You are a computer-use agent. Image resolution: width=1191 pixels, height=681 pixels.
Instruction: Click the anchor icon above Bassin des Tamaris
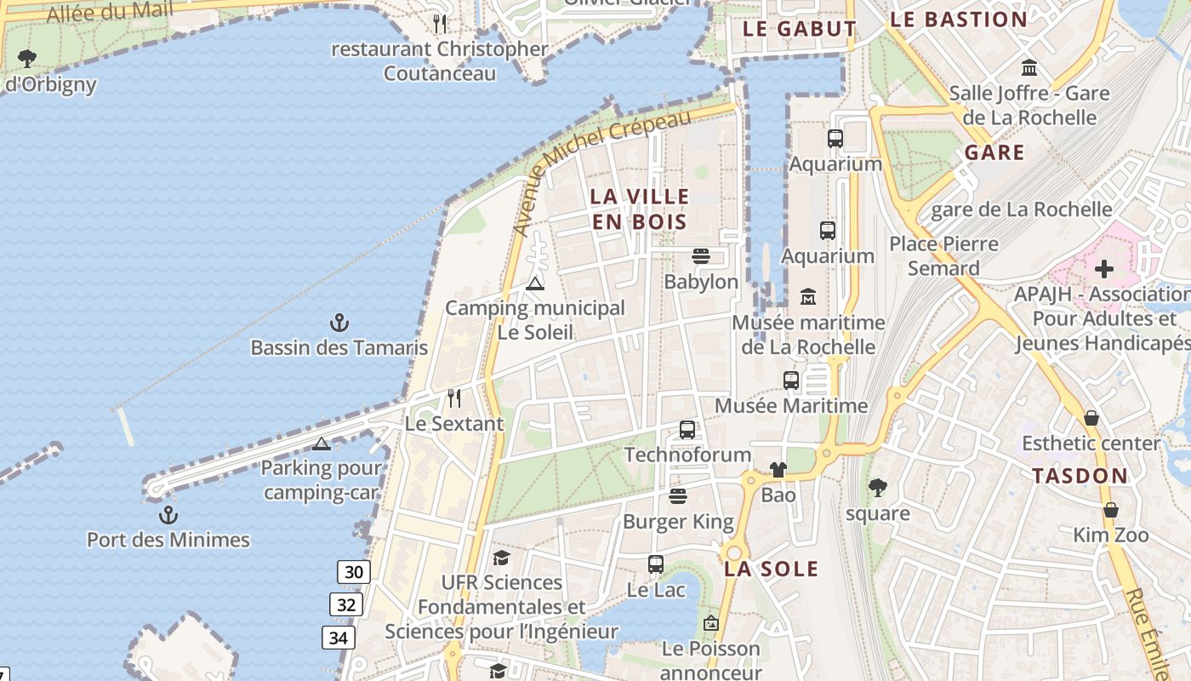tap(339, 323)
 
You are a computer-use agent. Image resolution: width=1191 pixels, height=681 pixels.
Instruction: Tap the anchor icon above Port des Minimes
tap(168, 515)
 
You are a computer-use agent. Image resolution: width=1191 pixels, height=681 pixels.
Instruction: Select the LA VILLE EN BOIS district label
tap(638, 209)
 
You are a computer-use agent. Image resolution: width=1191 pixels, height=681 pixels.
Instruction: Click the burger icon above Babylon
tap(701, 256)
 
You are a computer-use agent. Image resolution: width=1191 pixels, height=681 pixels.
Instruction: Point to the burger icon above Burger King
tap(678, 496)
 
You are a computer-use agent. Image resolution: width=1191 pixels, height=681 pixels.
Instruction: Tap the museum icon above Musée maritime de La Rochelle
tap(808, 297)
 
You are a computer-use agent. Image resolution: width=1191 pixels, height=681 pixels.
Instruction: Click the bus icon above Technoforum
tap(687, 430)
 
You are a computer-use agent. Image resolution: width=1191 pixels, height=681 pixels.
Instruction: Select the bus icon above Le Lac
tap(655, 564)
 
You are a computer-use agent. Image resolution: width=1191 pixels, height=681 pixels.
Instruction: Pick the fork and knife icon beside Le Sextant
tap(454, 398)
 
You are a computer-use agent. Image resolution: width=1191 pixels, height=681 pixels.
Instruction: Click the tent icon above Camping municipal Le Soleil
tap(534, 283)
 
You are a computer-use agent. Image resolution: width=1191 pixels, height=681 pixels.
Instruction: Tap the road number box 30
tap(353, 572)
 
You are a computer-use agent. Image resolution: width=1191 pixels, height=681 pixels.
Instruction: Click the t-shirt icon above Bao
tap(778, 470)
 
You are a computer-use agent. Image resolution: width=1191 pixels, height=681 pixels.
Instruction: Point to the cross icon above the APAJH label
tap(1104, 270)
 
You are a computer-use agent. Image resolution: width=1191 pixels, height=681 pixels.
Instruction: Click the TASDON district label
tap(1080, 477)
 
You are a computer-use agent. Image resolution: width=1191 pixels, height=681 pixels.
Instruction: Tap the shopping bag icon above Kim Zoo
tap(1110, 510)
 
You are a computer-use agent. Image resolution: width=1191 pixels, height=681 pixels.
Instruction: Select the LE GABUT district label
tap(800, 29)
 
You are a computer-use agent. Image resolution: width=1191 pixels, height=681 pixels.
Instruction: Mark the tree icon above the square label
tap(877, 488)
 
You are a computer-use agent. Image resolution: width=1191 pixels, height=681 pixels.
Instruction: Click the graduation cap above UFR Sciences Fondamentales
tap(501, 558)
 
